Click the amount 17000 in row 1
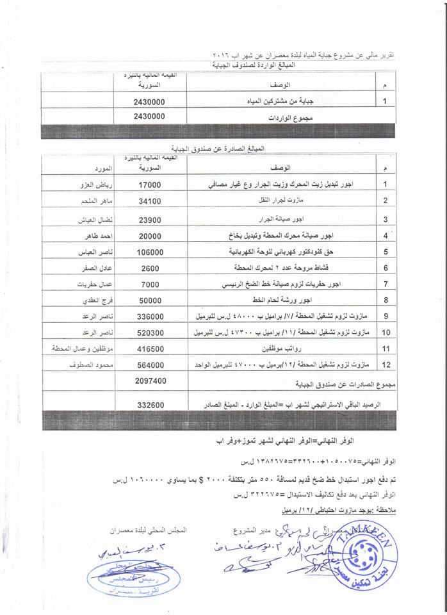point(150,184)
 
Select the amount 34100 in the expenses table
point(150,201)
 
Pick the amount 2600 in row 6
point(150,269)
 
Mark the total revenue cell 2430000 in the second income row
point(150,117)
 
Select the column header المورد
point(101,168)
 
